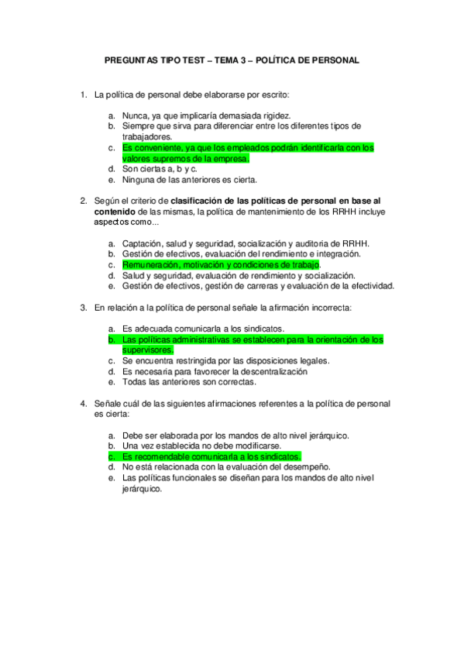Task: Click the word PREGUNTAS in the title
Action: [131, 60]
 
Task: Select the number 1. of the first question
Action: [84, 96]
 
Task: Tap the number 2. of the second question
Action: [84, 201]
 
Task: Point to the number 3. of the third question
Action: [84, 308]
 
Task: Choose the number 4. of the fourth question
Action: [84, 404]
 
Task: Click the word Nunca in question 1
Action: [135, 115]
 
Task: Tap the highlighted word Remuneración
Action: [151, 264]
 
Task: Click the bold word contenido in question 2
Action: [116, 211]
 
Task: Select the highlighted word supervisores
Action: [148, 349]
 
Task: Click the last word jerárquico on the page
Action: [142, 489]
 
